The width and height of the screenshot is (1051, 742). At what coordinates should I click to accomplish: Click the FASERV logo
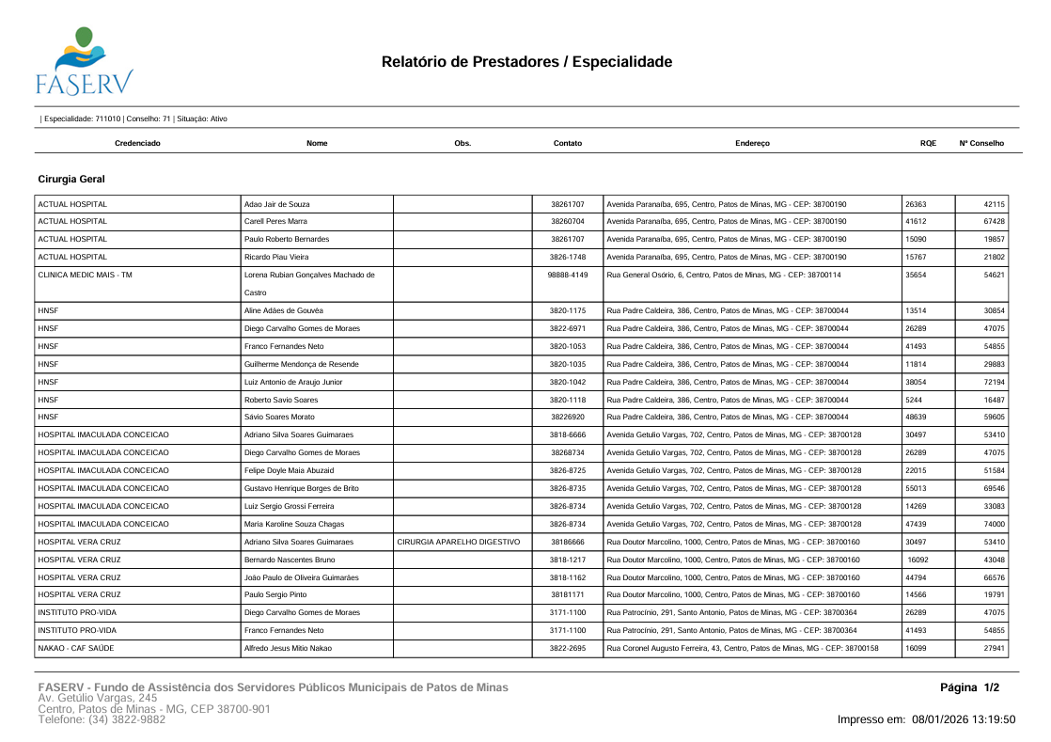[x=84, y=62]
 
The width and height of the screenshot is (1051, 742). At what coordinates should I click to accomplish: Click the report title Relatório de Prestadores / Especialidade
[x=526, y=62]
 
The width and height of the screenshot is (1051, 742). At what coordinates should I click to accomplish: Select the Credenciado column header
[x=137, y=143]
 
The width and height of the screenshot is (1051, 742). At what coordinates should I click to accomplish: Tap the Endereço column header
[x=752, y=143]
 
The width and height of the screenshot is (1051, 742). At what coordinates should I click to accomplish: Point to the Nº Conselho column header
[x=980, y=143]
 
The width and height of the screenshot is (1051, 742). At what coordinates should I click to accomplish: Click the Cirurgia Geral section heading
[x=71, y=179]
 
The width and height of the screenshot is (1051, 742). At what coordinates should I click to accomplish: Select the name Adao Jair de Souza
[x=276, y=204]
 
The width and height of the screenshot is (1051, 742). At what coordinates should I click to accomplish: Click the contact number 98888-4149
[x=567, y=275]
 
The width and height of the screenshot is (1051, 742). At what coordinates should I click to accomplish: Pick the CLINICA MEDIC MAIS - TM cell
[x=85, y=275]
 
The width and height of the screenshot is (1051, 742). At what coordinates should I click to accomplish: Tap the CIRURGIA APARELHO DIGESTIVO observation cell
[x=458, y=542]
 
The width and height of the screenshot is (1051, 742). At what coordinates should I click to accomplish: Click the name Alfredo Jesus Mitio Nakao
[x=288, y=648]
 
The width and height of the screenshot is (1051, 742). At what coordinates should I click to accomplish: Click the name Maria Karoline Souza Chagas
[x=294, y=524]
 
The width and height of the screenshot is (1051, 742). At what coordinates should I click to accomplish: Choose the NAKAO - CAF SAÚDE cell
[x=80, y=648]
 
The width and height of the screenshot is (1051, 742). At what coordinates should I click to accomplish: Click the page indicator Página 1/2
[x=969, y=687]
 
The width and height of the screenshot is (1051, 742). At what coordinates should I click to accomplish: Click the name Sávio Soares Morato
[x=279, y=417]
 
